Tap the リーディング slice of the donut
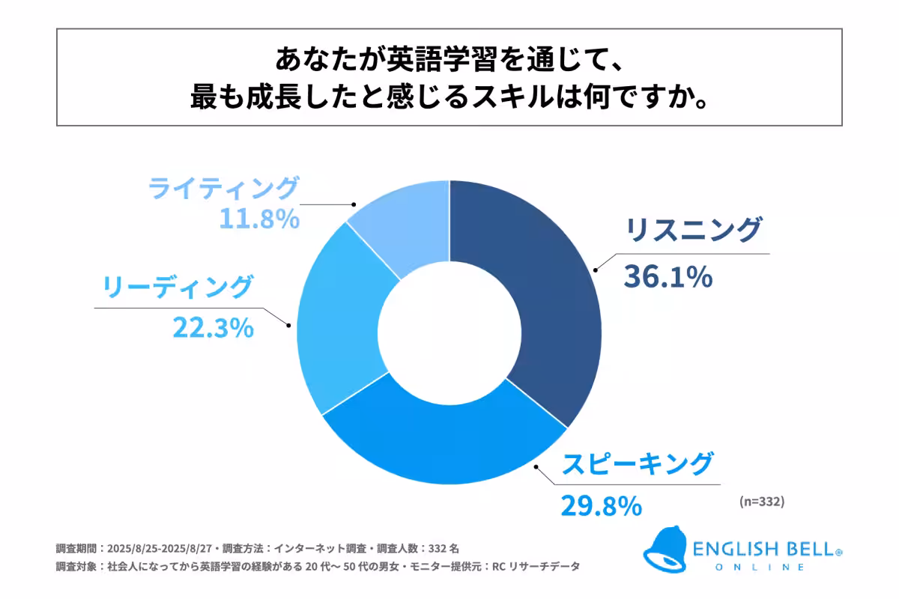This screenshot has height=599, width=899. click(337, 322)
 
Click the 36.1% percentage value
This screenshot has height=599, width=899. click(667, 277)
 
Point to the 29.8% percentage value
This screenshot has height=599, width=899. click(601, 505)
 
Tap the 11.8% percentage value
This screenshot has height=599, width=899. click(259, 219)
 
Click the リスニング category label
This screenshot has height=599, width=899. click(693, 231)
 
